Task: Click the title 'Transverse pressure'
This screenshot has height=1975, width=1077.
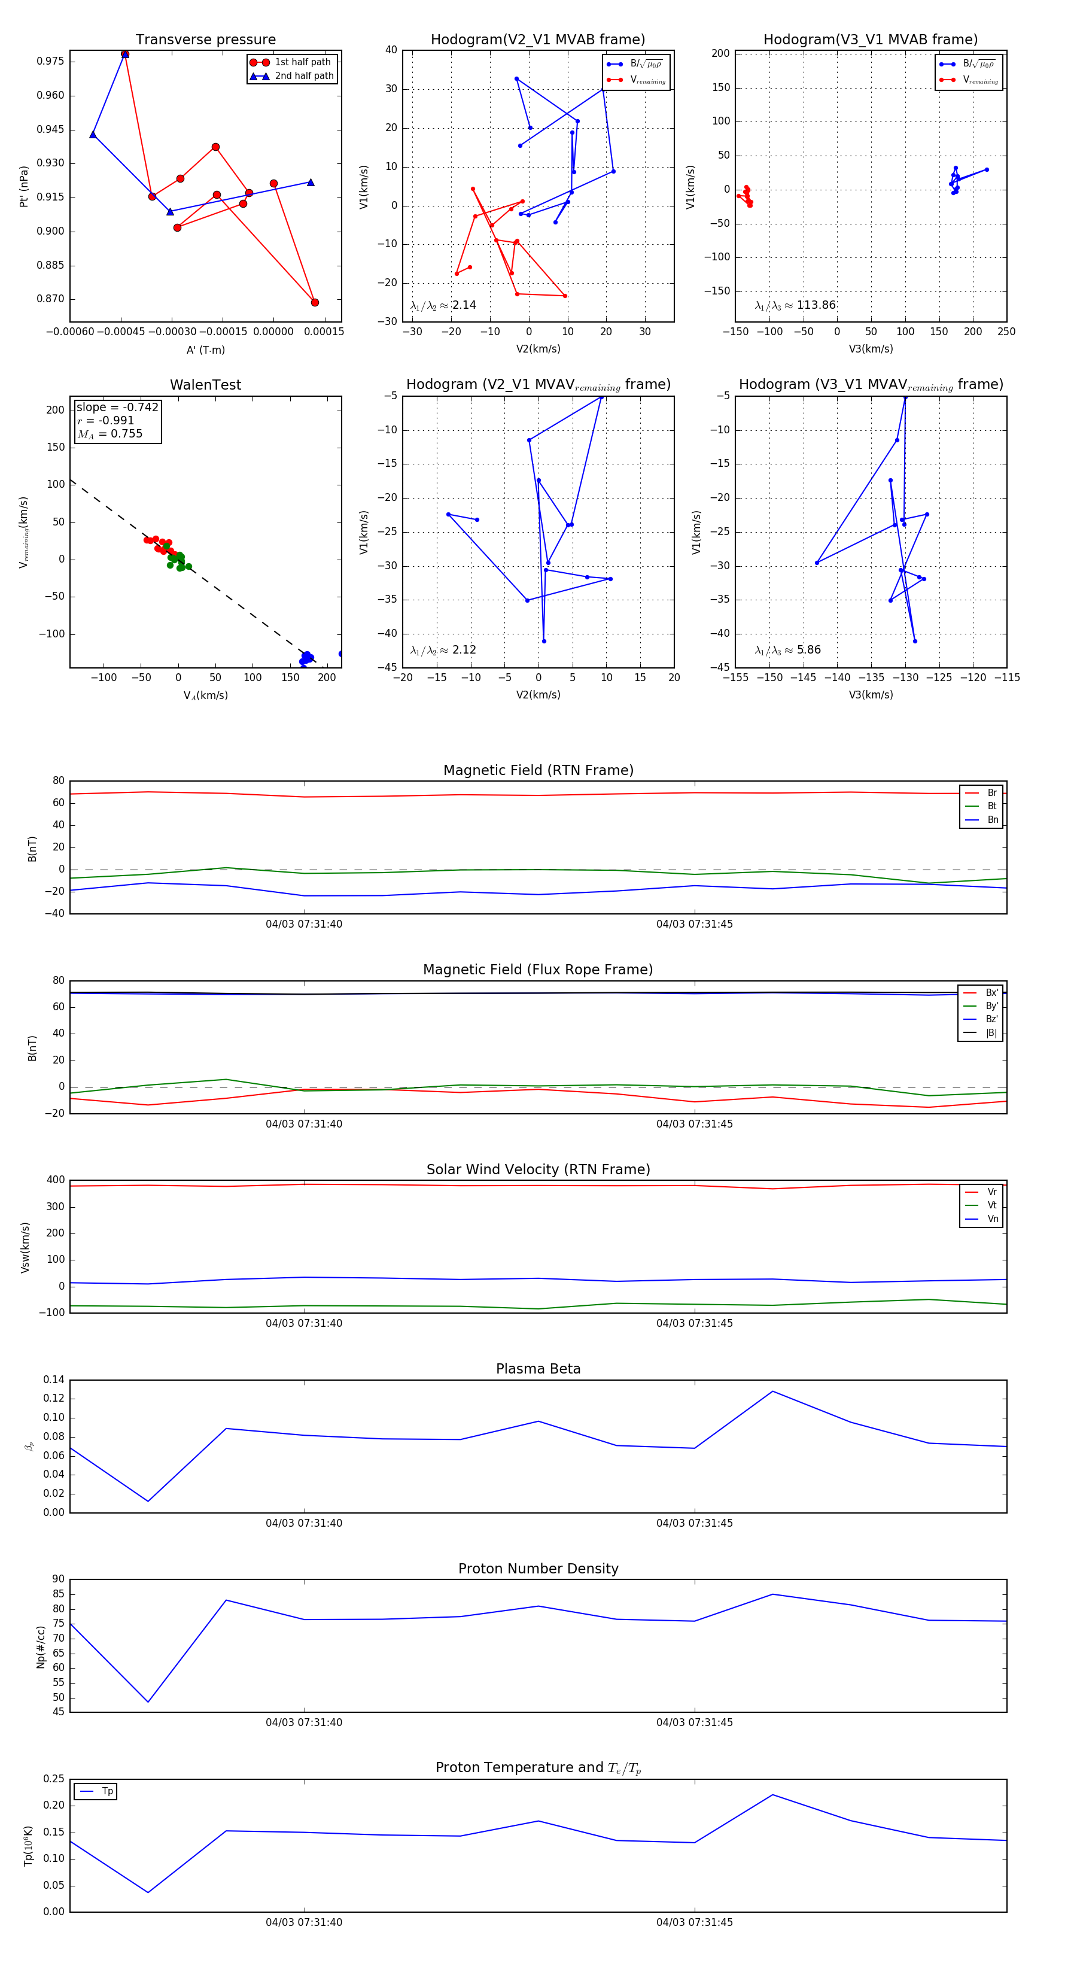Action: tap(205, 40)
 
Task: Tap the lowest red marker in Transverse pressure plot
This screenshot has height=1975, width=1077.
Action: tap(314, 302)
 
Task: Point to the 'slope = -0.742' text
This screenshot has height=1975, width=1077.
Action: tap(117, 407)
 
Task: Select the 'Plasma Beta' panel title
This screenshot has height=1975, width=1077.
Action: tap(538, 1369)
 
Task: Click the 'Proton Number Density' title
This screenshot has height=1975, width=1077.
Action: tap(538, 1568)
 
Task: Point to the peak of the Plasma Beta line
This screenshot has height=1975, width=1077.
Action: tap(772, 1391)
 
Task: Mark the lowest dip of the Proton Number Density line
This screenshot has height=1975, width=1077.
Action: tap(148, 1702)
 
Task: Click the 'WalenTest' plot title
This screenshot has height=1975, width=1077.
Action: tap(205, 385)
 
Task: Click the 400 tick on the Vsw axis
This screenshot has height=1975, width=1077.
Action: tap(55, 1180)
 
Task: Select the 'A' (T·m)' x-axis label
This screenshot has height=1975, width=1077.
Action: tap(205, 350)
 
